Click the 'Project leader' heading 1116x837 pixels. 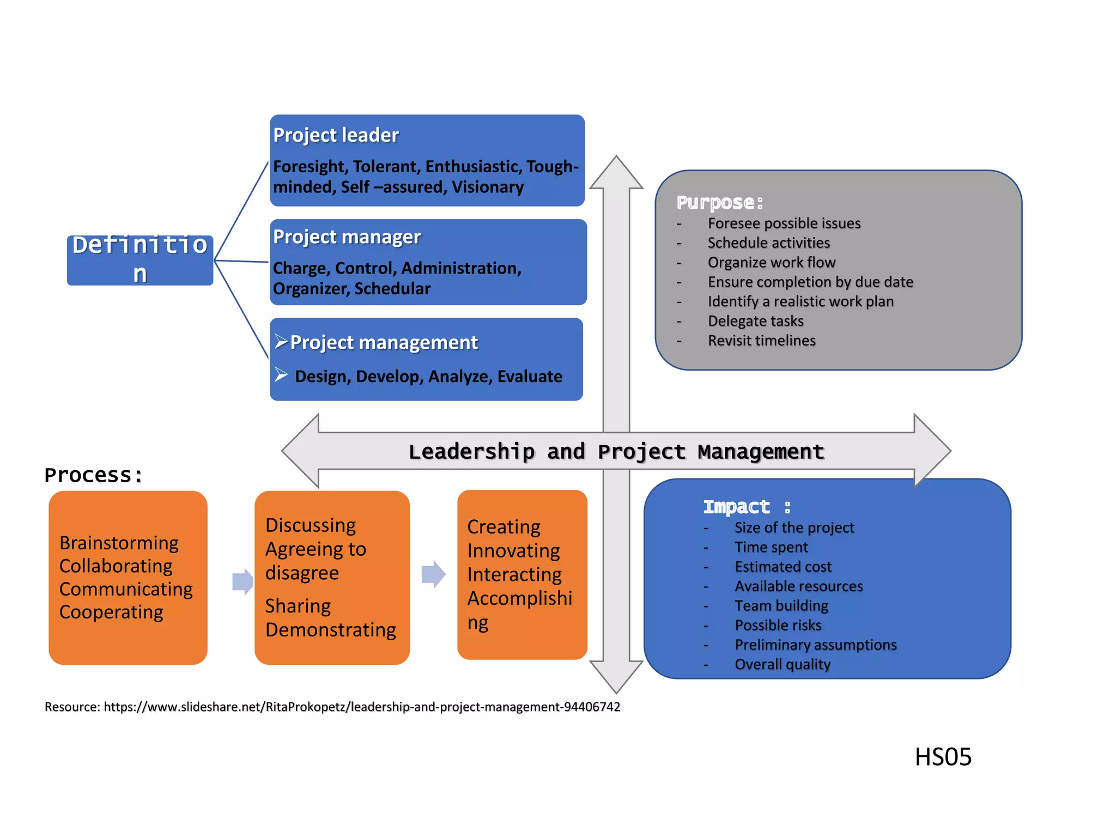coord(336,135)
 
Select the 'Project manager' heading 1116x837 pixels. coord(347,237)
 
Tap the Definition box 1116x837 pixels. coord(140,259)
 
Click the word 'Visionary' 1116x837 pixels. coord(487,187)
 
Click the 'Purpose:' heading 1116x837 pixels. coord(719,203)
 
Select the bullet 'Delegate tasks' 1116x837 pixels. coord(755,321)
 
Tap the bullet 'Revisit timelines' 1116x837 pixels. coord(761,341)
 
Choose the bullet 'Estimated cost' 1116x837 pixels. coord(783,567)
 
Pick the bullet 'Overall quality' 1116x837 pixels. coord(783,664)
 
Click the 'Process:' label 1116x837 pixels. coord(93,475)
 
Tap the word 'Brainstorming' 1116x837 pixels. coord(119,543)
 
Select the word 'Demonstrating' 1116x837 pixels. coord(330,630)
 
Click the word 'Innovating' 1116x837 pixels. coord(513,550)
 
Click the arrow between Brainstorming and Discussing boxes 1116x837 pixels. coord(242,581)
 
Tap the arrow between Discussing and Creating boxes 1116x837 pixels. coord(433,574)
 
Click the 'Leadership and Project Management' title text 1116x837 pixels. coord(616,452)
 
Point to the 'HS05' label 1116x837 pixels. coord(943,757)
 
